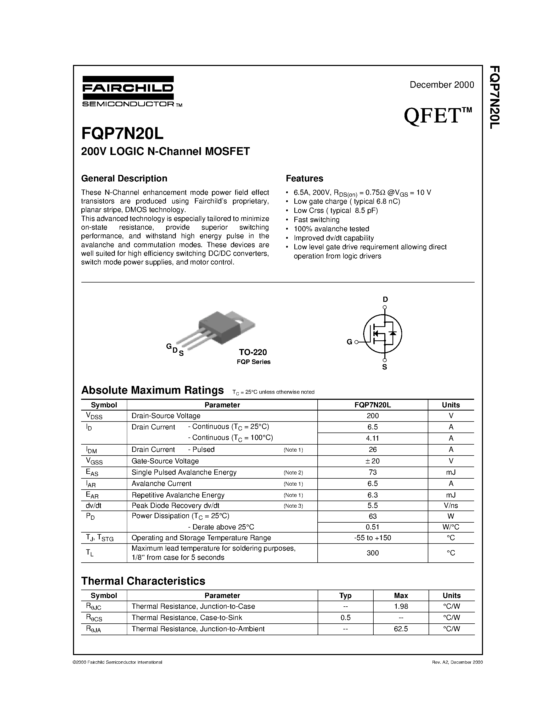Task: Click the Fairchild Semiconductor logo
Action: (128, 91)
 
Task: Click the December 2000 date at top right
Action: (441, 85)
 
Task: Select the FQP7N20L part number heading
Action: (122, 134)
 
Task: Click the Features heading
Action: (304, 178)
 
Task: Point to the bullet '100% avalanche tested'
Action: (331, 229)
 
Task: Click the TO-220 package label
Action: (253, 352)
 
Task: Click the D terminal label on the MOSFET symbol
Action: (385, 299)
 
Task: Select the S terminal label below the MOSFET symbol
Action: (384, 367)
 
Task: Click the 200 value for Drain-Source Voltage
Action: (373, 416)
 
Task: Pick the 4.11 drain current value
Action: (373, 438)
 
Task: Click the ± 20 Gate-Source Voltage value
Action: (373, 461)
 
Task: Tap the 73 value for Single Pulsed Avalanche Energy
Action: (373, 472)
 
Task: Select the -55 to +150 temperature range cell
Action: (373, 538)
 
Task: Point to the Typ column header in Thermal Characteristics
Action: (345, 595)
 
